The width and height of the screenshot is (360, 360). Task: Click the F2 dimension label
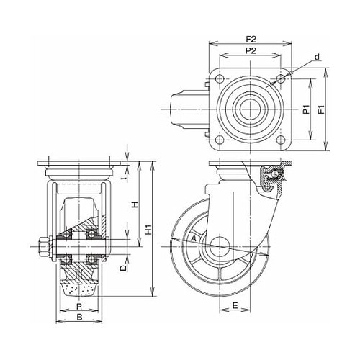click(251, 39)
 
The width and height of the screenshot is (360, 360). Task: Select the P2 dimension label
click(251, 50)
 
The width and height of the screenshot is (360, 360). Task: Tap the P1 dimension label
click(305, 109)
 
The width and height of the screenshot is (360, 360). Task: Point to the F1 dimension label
click(321, 109)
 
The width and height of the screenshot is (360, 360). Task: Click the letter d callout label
click(317, 57)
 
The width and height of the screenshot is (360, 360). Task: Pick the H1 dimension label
click(149, 229)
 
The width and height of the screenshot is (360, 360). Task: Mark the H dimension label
click(135, 204)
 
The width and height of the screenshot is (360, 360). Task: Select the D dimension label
click(123, 268)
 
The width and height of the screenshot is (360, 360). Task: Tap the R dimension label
click(79, 307)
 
